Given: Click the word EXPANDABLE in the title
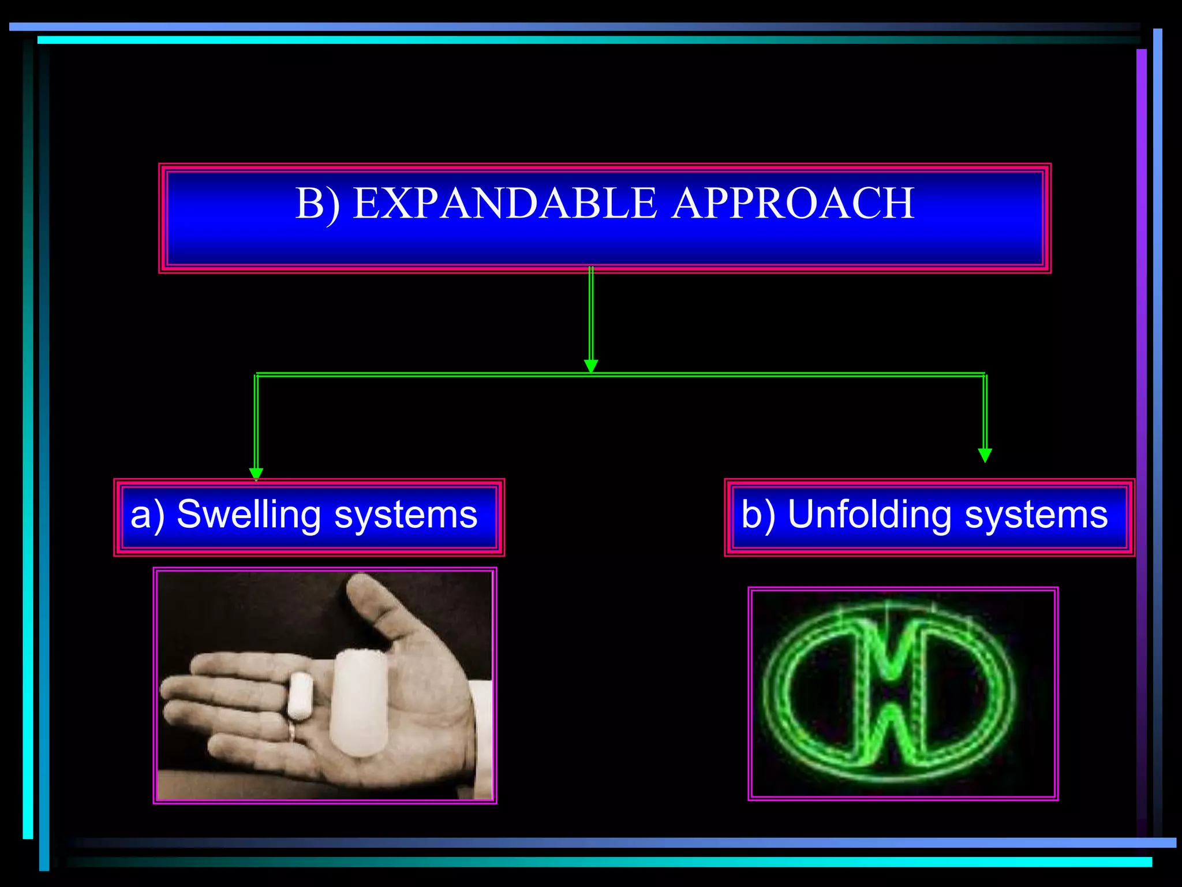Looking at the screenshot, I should pos(504,203).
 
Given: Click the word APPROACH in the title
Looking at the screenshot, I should pos(793,203).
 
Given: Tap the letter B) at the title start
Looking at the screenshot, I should pos(317,203).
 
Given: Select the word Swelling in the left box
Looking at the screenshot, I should pos(248,515).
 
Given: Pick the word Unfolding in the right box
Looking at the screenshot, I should pos(869,515).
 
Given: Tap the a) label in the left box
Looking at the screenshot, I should pos(147,515).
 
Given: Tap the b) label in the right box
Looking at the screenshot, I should pos(758,515).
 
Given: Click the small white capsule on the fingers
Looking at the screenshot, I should pos(300,695).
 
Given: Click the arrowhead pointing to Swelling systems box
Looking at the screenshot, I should pos(256,474).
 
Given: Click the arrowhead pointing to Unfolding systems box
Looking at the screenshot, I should pos(985,455).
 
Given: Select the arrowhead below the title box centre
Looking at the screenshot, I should pos(591,366).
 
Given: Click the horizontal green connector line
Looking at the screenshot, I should pos(750,375).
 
